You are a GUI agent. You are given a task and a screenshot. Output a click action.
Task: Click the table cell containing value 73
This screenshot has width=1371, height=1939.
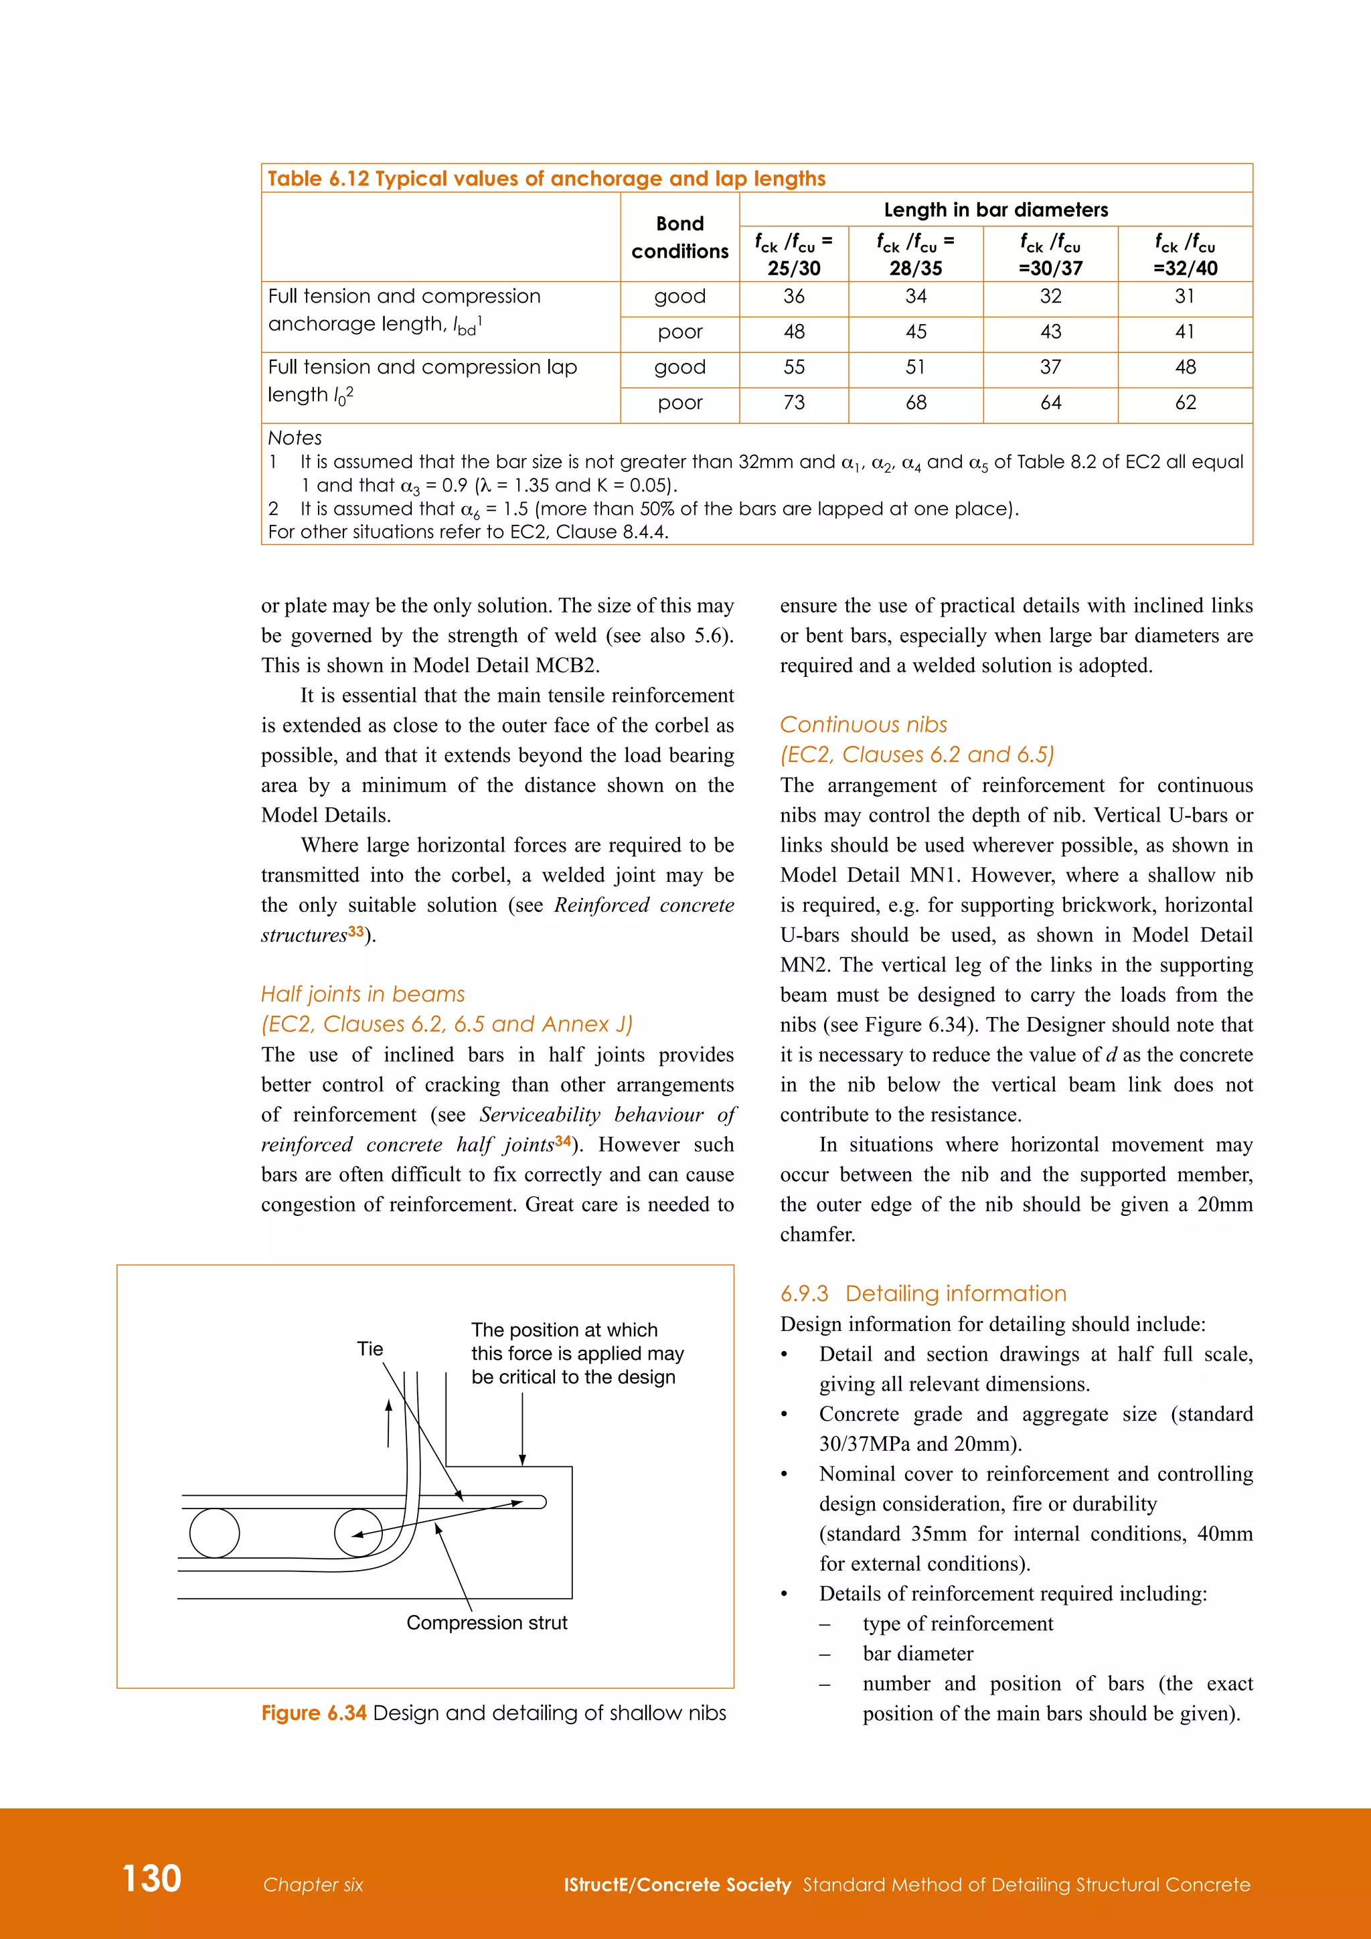(x=793, y=403)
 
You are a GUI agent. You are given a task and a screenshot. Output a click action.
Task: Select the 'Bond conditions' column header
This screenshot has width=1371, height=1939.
(x=679, y=237)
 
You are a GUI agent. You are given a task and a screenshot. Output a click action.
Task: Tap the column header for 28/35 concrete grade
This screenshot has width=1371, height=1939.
(x=915, y=254)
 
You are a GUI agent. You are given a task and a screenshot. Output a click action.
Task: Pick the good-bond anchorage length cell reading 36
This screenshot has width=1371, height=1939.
(x=793, y=297)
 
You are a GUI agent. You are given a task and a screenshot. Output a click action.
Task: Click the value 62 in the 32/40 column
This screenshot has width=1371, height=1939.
(x=1186, y=403)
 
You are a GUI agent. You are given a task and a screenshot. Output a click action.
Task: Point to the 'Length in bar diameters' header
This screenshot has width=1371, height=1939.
(x=995, y=210)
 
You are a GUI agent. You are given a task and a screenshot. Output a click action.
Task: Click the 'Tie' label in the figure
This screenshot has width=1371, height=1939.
(x=370, y=1348)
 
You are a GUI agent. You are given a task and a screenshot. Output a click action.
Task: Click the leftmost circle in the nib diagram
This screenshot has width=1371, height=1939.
(x=214, y=1533)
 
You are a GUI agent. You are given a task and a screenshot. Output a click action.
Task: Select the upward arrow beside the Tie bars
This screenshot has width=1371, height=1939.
(x=388, y=1422)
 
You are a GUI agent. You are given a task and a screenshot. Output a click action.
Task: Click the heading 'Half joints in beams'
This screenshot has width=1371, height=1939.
(x=363, y=994)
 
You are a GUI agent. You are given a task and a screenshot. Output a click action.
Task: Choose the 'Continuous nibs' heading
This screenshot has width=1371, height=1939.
(x=863, y=724)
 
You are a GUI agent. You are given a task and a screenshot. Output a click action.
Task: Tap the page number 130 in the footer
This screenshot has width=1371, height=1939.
(x=152, y=1878)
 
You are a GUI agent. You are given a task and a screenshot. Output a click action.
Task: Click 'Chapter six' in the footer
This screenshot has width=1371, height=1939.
(x=313, y=1885)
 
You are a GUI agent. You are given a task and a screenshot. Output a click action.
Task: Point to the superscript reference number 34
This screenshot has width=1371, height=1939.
(x=563, y=1141)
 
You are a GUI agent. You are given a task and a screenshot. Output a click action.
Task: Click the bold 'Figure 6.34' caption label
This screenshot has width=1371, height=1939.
(x=313, y=1713)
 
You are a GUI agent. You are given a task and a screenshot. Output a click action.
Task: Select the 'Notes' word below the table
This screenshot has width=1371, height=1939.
(x=295, y=437)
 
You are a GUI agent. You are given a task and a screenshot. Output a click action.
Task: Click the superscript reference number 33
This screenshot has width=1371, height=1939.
(x=356, y=931)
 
